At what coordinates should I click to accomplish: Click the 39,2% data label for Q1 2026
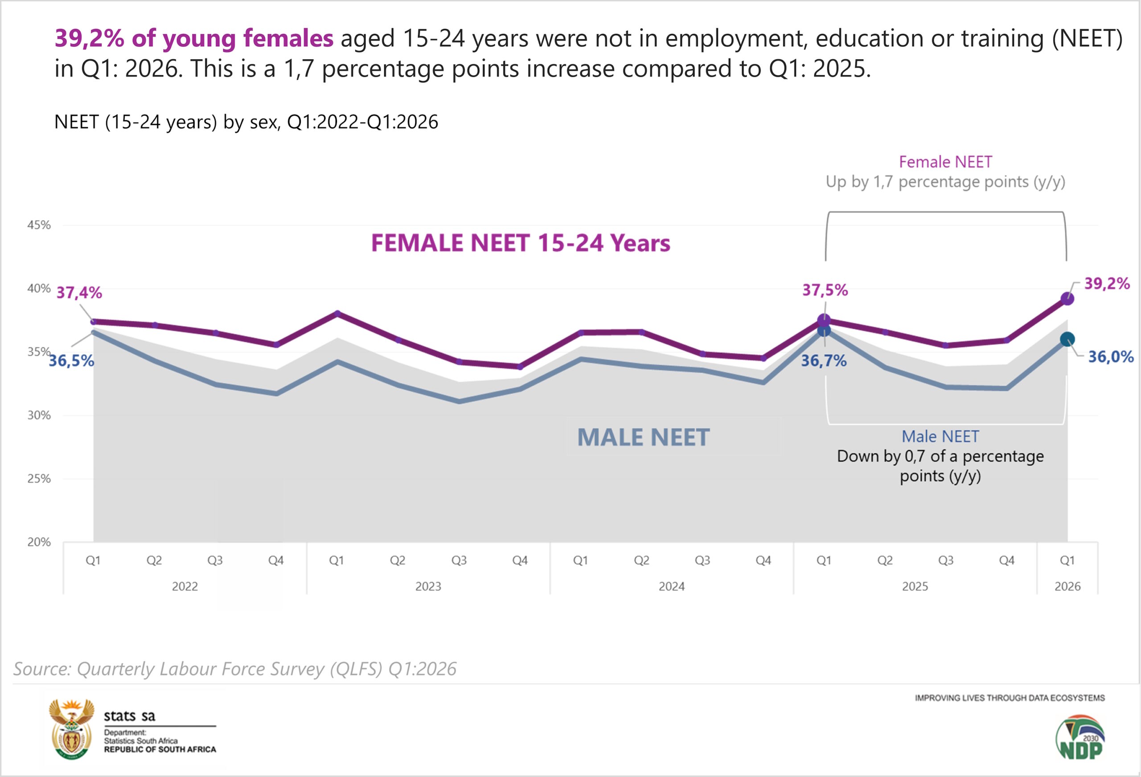pos(1107,283)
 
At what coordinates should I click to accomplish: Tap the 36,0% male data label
pos(1111,357)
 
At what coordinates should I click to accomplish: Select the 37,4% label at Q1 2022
pos(79,293)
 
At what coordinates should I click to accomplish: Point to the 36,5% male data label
pos(71,361)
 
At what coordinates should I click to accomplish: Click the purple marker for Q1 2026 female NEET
pos(1067,299)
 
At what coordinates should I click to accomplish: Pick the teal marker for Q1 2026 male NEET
pos(1067,339)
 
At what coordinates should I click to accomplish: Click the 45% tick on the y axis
pos(39,225)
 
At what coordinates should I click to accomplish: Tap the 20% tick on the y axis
pos(39,542)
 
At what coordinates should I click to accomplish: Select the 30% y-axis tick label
pos(39,415)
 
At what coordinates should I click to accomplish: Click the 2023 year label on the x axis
pos(428,587)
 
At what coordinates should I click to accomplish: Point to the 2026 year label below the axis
pos(1067,587)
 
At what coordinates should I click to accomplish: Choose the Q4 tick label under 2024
pos(763,560)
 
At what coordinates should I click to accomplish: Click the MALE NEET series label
pos(643,438)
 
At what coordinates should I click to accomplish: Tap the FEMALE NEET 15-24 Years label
pos(521,243)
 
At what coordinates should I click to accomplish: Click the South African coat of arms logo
pos(72,729)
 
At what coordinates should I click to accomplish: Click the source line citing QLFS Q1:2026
pos(235,669)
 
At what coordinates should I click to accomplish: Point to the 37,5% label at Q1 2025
pos(825,290)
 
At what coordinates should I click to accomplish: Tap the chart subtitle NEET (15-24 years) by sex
pos(246,122)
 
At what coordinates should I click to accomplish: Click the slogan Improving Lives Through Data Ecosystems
pos(1010,698)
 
